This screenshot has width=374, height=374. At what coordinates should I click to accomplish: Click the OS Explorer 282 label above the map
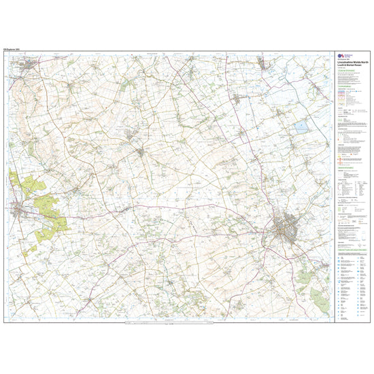[x=14, y=50]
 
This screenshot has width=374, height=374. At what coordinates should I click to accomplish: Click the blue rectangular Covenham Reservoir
[x=300, y=126]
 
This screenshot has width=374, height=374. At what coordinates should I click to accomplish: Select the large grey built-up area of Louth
[x=288, y=228]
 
